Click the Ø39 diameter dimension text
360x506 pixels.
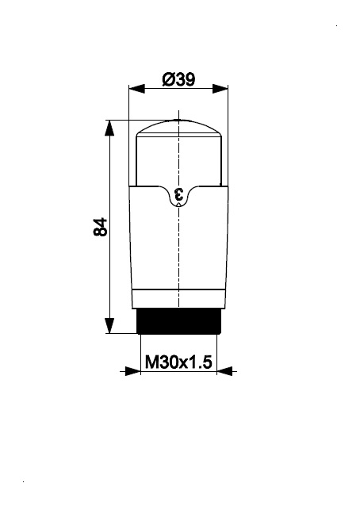point(178,79)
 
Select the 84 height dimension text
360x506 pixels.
point(101,227)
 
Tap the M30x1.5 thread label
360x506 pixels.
point(178,362)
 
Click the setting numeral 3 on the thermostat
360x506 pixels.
point(178,194)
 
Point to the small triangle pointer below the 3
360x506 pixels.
point(178,205)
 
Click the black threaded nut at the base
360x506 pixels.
point(178,321)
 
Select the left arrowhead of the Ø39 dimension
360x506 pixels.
point(136,88)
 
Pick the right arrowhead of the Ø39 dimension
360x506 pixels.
point(220,88)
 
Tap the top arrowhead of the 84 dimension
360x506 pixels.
point(110,128)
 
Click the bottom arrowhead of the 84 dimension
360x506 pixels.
point(110,325)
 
